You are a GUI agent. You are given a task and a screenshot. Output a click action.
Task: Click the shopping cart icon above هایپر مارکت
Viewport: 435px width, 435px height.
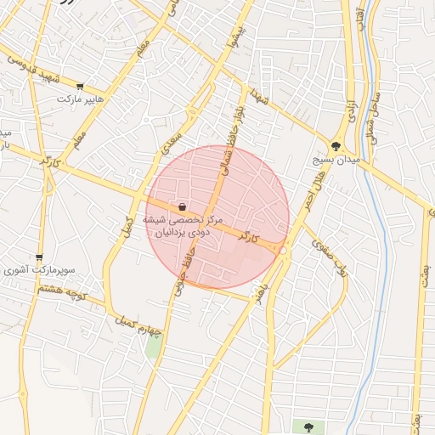click(x=80, y=87)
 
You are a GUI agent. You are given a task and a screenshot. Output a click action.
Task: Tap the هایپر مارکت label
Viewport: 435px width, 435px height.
click(x=80, y=99)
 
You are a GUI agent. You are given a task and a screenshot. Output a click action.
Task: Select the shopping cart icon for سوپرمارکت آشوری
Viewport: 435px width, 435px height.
click(x=39, y=257)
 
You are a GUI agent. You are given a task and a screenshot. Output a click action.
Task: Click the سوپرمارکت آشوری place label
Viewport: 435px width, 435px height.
click(x=39, y=270)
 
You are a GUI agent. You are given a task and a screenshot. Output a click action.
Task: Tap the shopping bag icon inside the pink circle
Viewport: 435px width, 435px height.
click(x=183, y=206)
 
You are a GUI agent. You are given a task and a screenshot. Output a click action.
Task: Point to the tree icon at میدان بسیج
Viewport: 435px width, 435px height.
click(x=337, y=145)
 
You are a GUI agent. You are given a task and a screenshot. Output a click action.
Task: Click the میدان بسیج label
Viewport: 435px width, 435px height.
click(x=337, y=159)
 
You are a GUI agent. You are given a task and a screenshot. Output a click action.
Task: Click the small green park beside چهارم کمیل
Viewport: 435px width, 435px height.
click(x=153, y=346)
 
